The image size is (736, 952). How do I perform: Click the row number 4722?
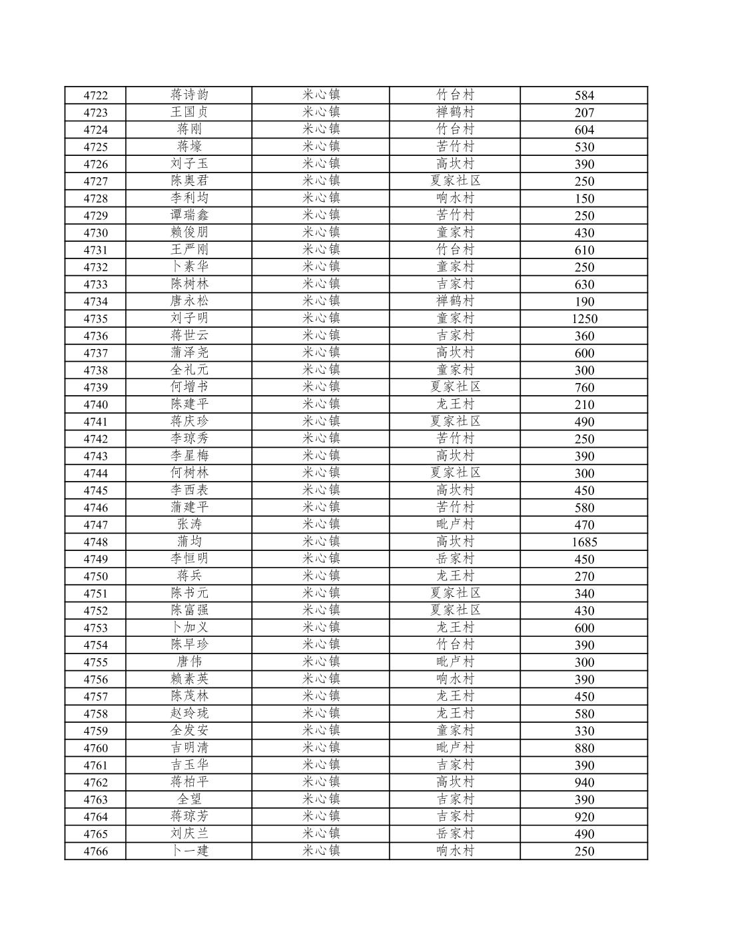coord(95,95)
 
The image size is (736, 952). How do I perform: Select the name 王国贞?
coord(189,112)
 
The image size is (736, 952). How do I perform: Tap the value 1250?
coord(584,318)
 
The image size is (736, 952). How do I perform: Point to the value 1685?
coord(584,542)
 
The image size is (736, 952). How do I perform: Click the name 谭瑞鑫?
coord(189,215)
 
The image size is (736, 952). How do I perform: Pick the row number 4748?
coord(95,542)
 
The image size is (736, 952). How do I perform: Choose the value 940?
coord(584,783)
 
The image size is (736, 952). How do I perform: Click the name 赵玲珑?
coord(189,714)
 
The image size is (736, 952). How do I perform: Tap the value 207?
coord(584,113)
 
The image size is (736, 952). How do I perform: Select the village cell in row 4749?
coord(455,559)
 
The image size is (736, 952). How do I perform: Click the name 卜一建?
coord(189,851)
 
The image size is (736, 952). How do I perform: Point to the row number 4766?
coord(95,851)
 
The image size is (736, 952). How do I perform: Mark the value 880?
coord(584,748)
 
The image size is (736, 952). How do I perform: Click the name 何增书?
coord(189,387)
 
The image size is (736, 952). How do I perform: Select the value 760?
coord(584,388)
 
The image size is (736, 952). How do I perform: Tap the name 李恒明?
coord(189,559)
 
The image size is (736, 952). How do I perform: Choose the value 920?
coord(584,817)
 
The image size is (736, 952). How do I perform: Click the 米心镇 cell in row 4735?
coord(321,318)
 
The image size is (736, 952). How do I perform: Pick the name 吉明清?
coord(189,748)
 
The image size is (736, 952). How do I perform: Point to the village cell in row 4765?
coord(455,834)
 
